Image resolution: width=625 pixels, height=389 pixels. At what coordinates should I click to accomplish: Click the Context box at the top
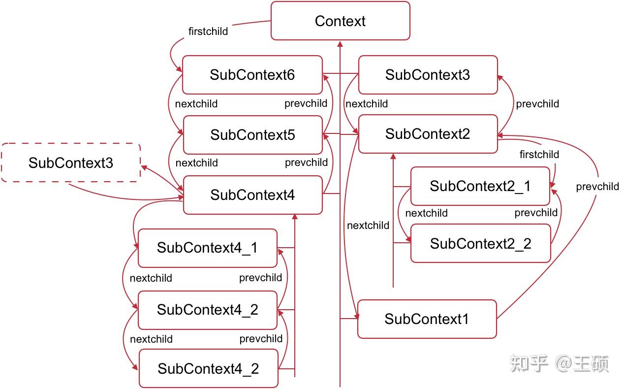point(340,21)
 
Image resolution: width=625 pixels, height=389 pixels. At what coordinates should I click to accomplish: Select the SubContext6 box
point(252,75)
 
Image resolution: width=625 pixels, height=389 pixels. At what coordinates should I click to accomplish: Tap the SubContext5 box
point(252,135)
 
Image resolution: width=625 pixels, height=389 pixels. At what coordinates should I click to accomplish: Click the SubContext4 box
point(252,195)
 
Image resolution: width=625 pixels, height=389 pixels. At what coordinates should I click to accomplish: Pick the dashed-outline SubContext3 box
point(71,163)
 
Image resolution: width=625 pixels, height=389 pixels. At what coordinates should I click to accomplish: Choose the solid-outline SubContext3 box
point(428,75)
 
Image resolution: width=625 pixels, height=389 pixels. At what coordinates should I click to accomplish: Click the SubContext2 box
point(428,134)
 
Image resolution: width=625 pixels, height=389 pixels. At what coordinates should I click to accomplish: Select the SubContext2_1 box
point(480,186)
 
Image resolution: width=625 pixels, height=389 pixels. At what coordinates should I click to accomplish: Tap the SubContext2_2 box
point(480,244)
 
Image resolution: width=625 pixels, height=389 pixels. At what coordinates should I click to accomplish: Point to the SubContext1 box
point(427,319)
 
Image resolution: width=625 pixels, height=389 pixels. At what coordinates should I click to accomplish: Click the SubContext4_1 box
point(207,248)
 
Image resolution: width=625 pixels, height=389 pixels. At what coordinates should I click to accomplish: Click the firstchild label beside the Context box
point(208,32)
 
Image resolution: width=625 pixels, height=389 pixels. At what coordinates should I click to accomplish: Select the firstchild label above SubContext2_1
point(539,155)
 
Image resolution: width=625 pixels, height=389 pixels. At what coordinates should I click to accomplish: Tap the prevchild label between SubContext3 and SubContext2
point(537,104)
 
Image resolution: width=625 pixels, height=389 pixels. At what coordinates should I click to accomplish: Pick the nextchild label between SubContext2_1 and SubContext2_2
point(426,213)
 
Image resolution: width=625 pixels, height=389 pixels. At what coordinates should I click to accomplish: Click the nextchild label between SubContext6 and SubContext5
point(196,104)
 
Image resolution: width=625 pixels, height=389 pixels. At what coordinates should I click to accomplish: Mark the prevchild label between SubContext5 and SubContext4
point(306,162)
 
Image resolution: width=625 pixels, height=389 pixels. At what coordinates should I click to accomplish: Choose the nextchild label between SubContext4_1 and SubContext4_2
point(151,278)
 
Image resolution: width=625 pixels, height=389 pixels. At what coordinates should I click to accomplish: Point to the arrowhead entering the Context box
point(340,44)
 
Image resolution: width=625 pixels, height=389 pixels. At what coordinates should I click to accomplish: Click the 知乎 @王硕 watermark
point(560,364)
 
